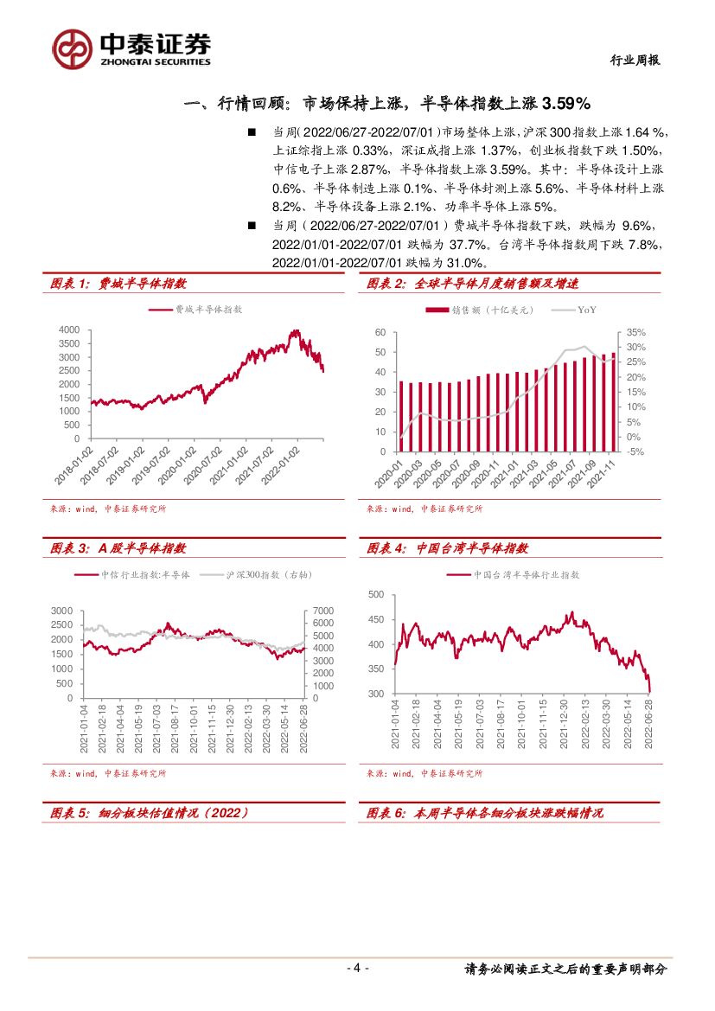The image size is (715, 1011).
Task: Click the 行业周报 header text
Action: (635, 60)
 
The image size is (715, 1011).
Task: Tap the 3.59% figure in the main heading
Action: (565, 104)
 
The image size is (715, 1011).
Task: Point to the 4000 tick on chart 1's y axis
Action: (68, 330)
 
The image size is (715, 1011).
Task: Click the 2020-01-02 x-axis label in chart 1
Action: (188, 464)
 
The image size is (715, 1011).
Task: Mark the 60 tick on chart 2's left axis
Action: (380, 332)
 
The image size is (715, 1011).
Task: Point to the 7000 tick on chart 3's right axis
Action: (321, 611)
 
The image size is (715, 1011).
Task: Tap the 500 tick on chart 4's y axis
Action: (376, 594)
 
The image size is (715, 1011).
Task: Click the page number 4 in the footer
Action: (357, 969)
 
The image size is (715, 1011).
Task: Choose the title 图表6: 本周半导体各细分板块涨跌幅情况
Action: (485, 813)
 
